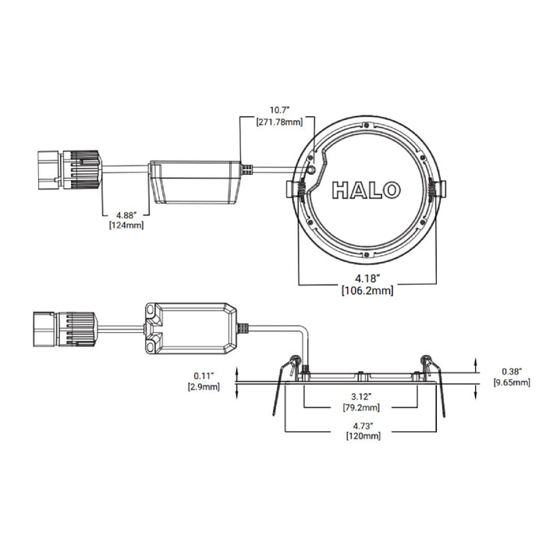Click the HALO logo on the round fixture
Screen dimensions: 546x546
pyautogui.click(x=367, y=190)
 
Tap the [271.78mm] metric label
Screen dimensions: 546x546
pyautogui.click(x=280, y=122)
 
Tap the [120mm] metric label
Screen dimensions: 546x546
pyautogui.click(x=360, y=437)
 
